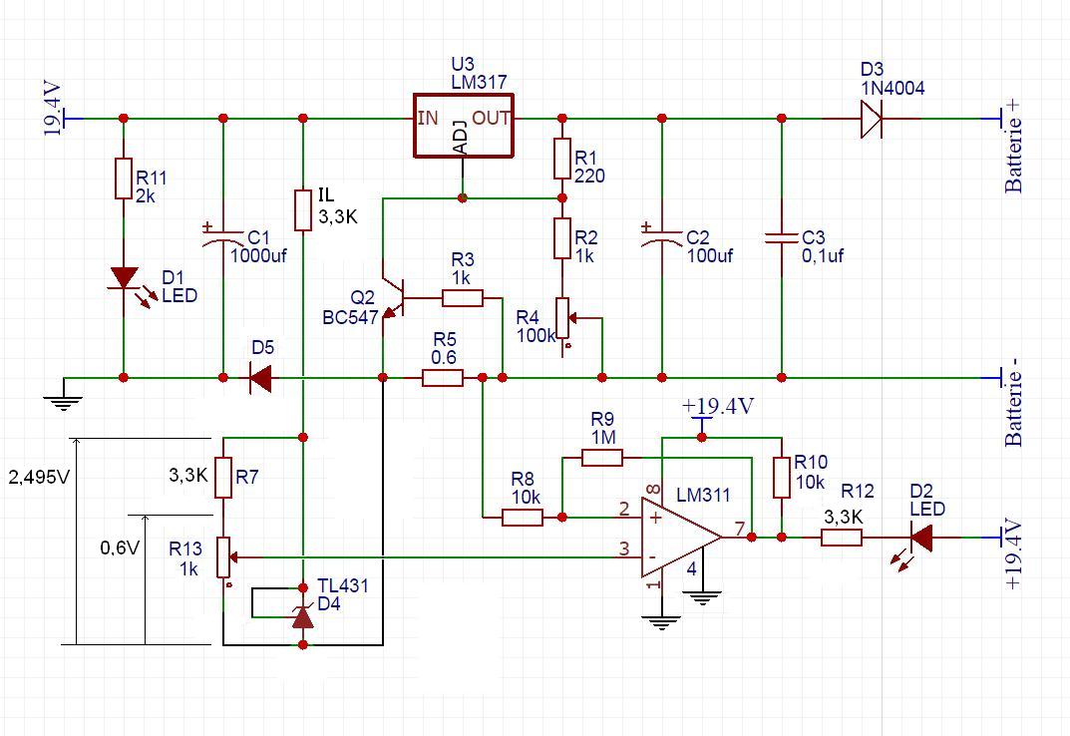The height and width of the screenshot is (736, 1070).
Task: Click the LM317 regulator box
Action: coord(464,126)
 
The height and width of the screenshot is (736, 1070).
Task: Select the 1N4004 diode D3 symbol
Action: coord(871,119)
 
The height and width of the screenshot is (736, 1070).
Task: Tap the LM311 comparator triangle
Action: coord(679,537)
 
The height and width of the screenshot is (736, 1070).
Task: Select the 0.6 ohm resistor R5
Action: coord(442,378)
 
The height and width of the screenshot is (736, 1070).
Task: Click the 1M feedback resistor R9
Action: coord(601,458)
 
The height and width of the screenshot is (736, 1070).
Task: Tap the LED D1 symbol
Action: coord(124,278)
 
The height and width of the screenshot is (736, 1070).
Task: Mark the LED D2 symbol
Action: coord(920,538)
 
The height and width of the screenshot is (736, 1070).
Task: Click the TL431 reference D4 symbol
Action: coord(302,617)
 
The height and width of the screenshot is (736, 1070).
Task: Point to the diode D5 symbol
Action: coord(261,378)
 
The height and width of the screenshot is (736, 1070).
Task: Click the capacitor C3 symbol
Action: coord(781,238)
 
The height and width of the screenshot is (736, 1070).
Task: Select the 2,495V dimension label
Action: coord(39,477)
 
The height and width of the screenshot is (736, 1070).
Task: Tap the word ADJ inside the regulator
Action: coord(460,137)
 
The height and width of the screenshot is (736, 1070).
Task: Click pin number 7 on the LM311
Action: coord(739,528)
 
